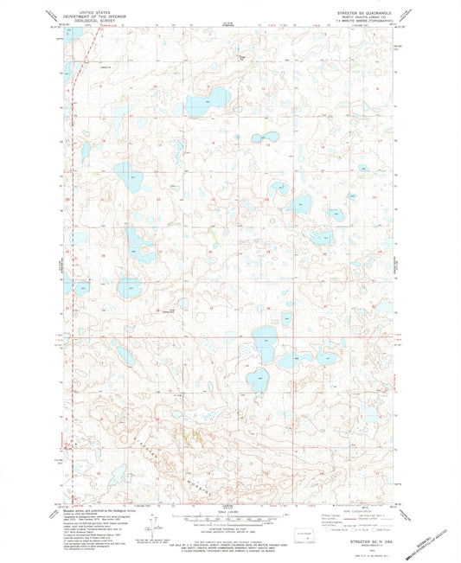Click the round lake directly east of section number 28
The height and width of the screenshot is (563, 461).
(x=131, y=286)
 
